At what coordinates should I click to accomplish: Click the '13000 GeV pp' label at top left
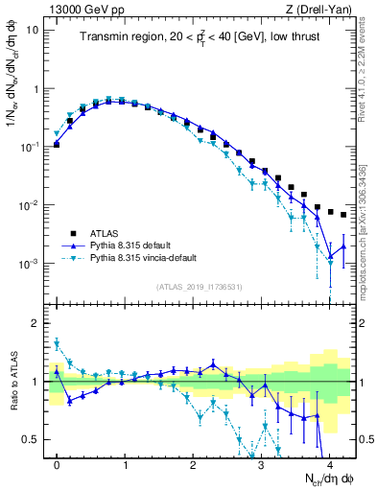click(80, 9)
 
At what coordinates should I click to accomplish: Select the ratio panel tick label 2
click(36, 323)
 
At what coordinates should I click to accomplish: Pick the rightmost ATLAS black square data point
click(343, 215)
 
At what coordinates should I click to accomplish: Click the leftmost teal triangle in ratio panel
click(57, 342)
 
